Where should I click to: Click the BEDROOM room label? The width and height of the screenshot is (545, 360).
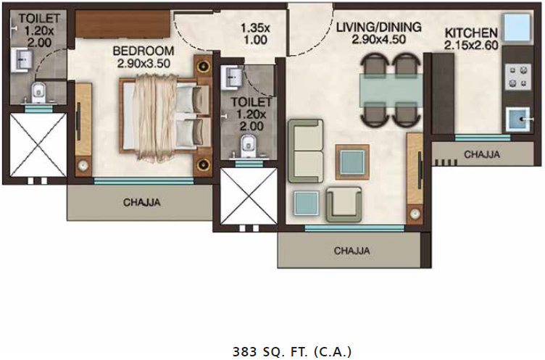point(143,51)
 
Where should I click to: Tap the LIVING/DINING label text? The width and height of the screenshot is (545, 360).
point(378,27)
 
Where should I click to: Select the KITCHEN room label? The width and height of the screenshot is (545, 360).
point(471,33)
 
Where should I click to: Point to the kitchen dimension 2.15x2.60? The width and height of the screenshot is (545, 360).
point(471,46)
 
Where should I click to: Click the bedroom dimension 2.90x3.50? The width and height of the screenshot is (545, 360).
point(143,64)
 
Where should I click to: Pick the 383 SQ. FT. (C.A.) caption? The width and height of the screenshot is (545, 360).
point(292,351)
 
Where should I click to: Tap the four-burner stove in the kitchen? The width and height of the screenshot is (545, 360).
point(518,77)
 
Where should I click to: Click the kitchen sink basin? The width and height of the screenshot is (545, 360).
point(518,120)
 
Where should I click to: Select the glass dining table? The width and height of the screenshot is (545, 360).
point(391,91)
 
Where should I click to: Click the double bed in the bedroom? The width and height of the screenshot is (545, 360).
point(165,116)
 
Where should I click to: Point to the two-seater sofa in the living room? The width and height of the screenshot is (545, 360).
point(306,151)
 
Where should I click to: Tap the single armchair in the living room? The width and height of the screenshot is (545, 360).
point(344,204)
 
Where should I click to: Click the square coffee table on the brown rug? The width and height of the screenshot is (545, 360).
point(352,162)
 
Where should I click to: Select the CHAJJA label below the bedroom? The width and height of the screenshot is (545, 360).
point(142,202)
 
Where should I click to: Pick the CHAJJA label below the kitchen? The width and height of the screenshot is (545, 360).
point(482,154)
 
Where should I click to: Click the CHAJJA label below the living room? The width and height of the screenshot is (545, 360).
point(351,251)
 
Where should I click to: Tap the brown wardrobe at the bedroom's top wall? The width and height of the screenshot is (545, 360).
point(122,24)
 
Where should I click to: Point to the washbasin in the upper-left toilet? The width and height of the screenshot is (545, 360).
point(21,61)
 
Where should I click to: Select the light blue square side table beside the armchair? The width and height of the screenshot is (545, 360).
point(307,203)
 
